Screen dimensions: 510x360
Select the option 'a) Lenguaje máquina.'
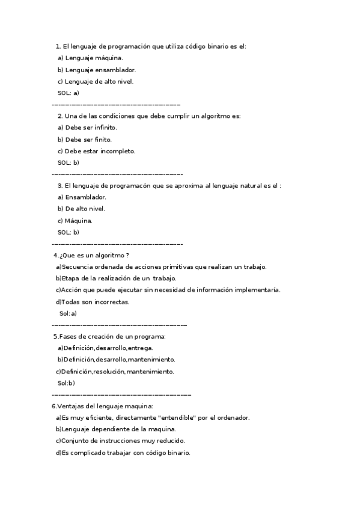pyautogui.click(x=90, y=58)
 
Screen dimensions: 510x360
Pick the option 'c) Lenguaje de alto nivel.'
pyautogui.click(x=96, y=81)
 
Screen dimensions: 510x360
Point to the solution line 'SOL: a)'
pyautogui.click(x=69, y=93)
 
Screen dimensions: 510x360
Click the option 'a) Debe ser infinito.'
pyautogui.click(x=87, y=128)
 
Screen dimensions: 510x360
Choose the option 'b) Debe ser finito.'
pyautogui.click(x=85, y=140)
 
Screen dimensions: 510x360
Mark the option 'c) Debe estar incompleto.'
pyautogui.click(x=96, y=151)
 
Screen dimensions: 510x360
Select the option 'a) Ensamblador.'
pyautogui.click(x=82, y=197)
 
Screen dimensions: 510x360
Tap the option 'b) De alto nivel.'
pyautogui.click(x=81, y=209)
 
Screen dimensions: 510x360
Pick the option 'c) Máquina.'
pyautogui.click(x=75, y=221)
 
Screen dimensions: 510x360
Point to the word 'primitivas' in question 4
pyautogui.click(x=169, y=267)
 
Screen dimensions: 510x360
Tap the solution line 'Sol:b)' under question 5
pyautogui.click(x=66, y=383)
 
